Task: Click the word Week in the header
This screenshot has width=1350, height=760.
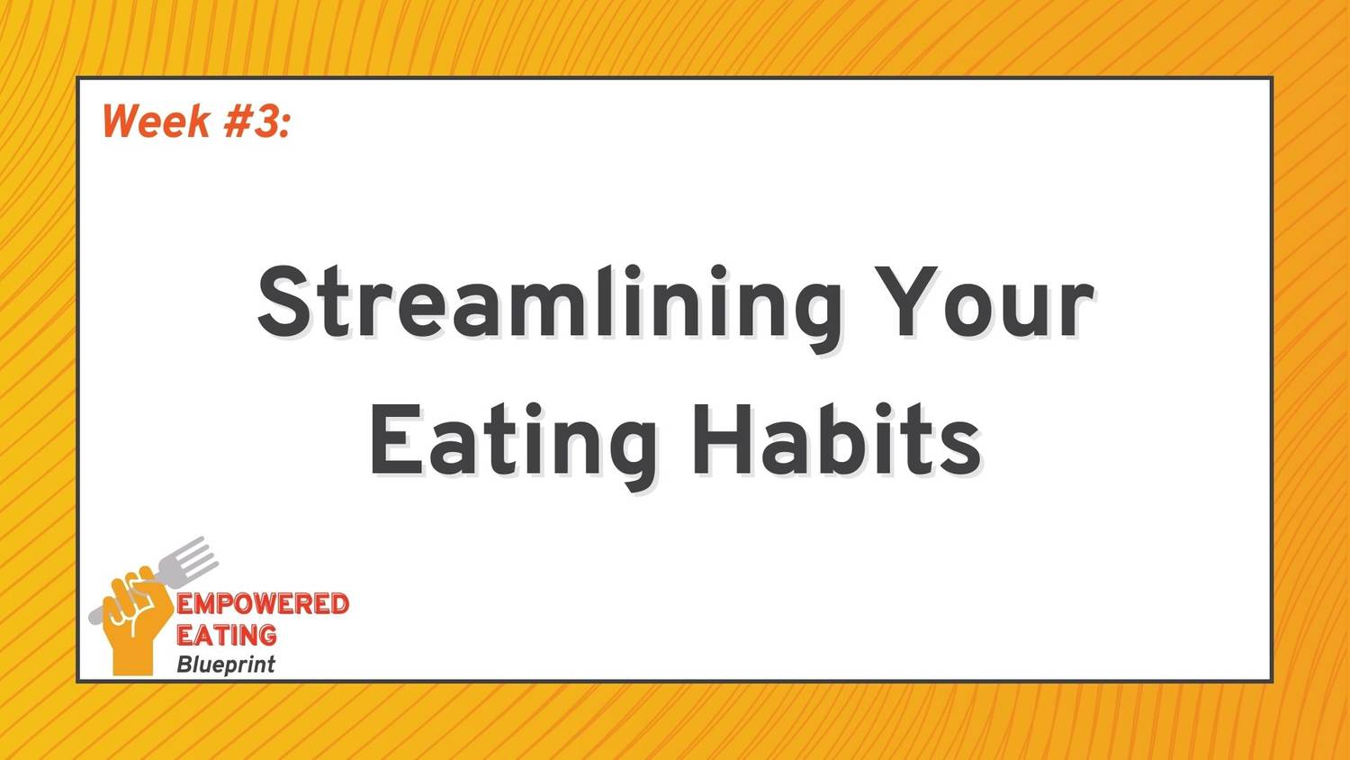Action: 156,121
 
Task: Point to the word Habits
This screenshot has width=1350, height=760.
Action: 836,439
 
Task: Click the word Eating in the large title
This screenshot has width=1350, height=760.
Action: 514,447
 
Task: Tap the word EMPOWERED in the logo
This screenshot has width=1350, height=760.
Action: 263,604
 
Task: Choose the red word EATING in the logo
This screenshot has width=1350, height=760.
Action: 227,635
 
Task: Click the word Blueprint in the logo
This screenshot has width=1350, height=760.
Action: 225,665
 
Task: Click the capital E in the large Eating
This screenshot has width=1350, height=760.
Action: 396,439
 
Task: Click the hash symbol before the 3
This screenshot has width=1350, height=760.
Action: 238,121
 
